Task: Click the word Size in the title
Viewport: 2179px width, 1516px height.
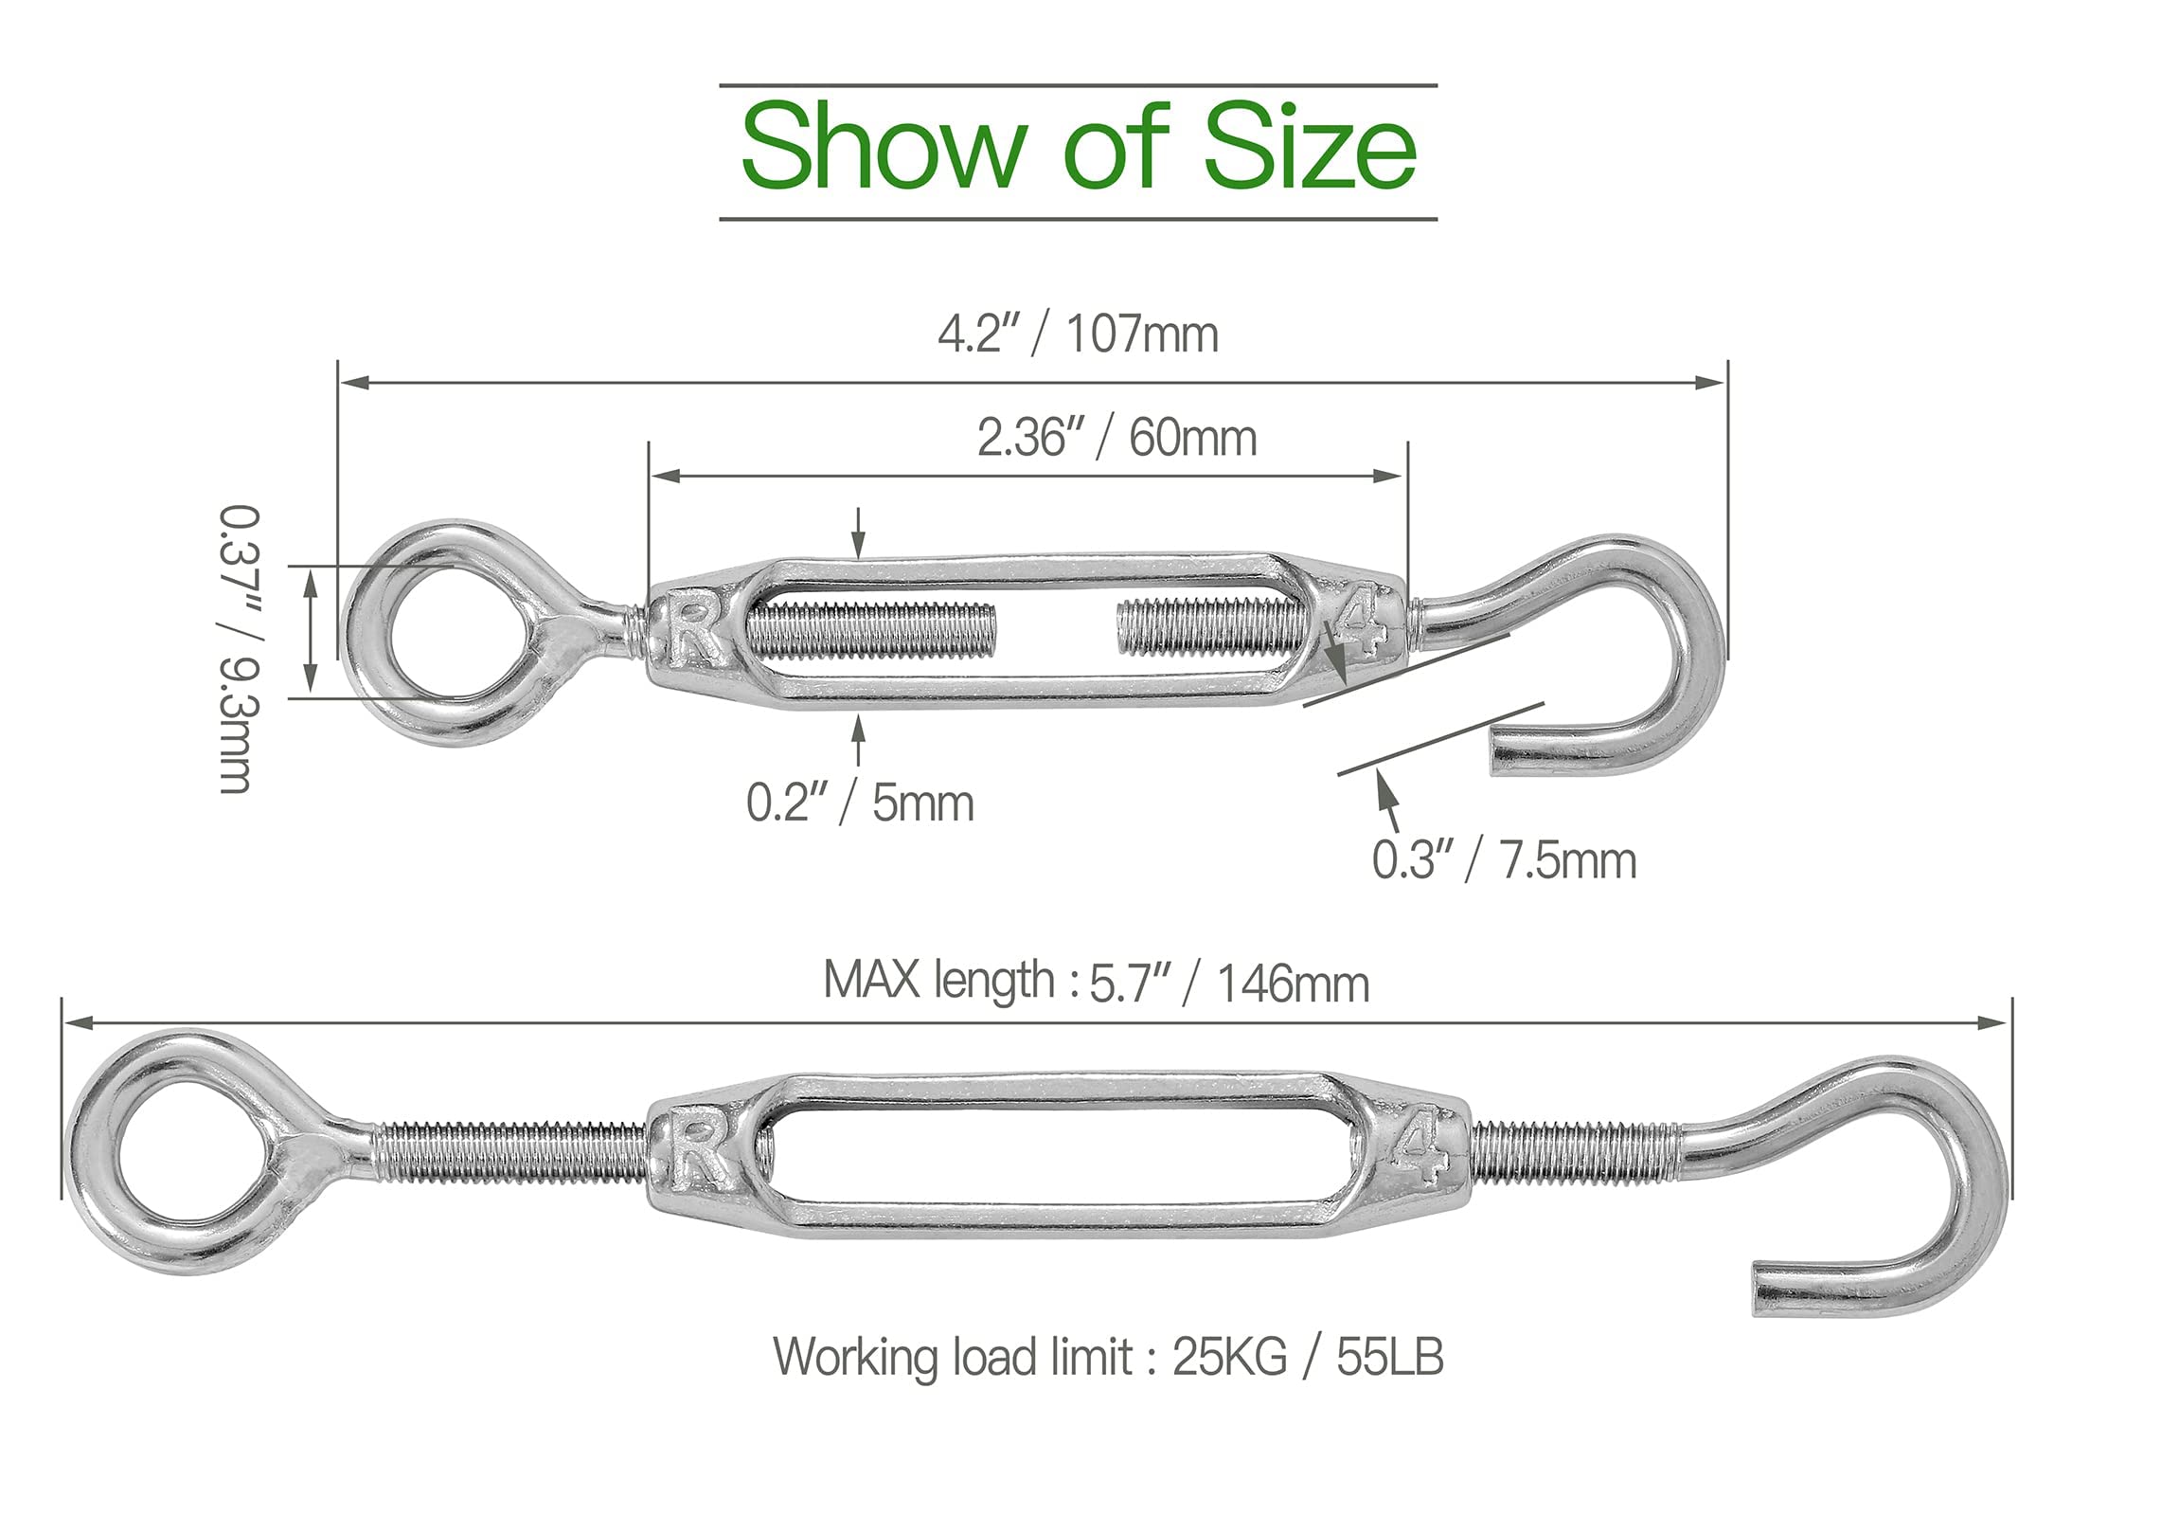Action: point(1310,148)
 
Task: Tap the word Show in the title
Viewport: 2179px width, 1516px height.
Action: point(883,148)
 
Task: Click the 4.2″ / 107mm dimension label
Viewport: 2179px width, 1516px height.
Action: point(1078,334)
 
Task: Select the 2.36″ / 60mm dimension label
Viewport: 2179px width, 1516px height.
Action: point(1117,438)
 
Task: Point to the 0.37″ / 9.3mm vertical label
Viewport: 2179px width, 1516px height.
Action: point(239,649)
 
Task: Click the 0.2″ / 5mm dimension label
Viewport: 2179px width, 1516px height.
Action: point(860,803)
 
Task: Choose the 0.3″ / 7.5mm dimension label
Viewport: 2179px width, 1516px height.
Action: point(1504,860)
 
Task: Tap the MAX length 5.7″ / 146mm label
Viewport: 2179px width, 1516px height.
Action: point(1097,982)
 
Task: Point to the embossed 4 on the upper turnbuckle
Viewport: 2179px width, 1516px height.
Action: point(1363,624)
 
